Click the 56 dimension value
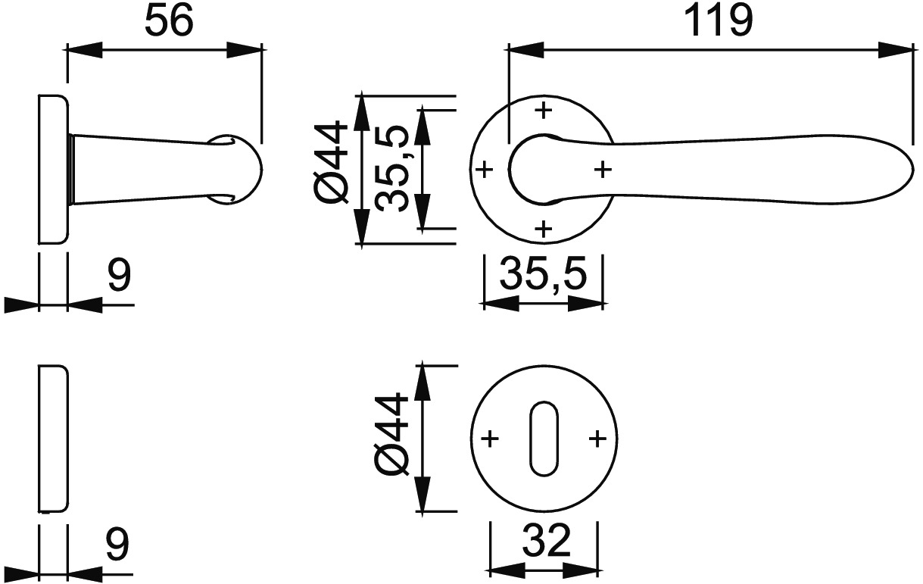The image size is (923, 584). (x=169, y=20)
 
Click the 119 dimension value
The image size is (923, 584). (x=719, y=21)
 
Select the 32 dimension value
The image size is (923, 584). (x=547, y=540)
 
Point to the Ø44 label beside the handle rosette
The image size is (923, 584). (x=330, y=163)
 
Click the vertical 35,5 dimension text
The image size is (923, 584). (x=392, y=169)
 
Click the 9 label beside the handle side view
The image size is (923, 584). (x=119, y=275)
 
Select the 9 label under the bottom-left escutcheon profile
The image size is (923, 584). (x=118, y=544)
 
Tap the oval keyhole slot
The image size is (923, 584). (x=544, y=438)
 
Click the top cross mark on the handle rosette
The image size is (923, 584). (x=544, y=110)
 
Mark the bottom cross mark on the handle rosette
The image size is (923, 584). (x=544, y=229)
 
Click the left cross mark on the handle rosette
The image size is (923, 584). (x=485, y=170)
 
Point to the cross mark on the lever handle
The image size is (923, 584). (x=603, y=170)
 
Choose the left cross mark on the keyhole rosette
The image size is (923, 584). (x=491, y=439)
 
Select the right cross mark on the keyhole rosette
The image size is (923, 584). (x=597, y=439)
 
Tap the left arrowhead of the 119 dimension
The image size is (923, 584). (x=525, y=50)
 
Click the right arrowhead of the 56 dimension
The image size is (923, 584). (x=245, y=50)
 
